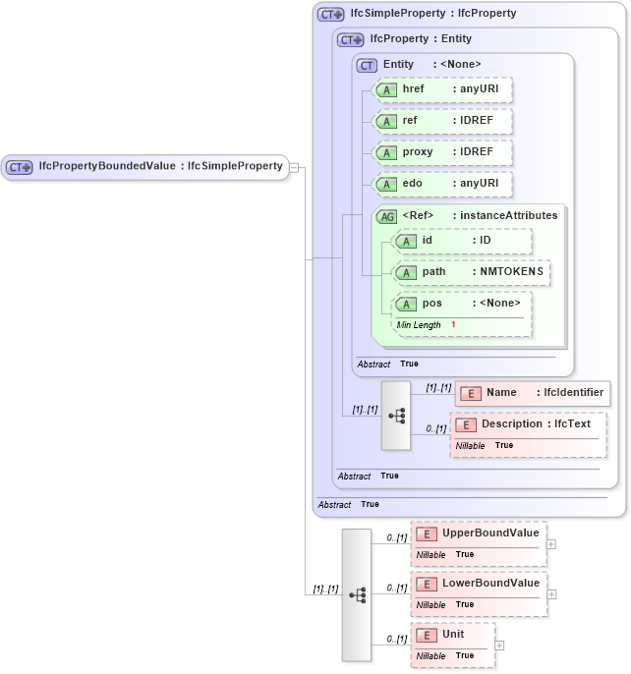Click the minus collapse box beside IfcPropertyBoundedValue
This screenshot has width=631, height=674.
294,167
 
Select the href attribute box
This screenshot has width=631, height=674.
443,89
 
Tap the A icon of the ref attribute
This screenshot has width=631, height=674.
387,122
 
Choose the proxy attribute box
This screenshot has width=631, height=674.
443,153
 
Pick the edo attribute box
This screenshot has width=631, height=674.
443,184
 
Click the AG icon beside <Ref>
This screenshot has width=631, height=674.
387,216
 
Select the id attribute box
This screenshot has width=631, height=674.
463,241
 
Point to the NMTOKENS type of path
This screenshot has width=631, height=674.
511,272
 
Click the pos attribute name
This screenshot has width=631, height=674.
432,304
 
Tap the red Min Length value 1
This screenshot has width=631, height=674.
454,324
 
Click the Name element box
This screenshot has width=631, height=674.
532,393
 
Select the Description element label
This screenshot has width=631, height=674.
526,424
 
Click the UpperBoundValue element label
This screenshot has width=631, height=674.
490,534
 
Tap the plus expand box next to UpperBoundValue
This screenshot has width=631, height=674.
551,543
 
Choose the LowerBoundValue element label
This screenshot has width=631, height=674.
490,584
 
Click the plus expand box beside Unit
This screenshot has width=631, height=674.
500,645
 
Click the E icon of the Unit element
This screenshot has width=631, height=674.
427,636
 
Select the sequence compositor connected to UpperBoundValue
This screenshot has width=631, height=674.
357,594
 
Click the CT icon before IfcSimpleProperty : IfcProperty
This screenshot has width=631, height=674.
331,15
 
